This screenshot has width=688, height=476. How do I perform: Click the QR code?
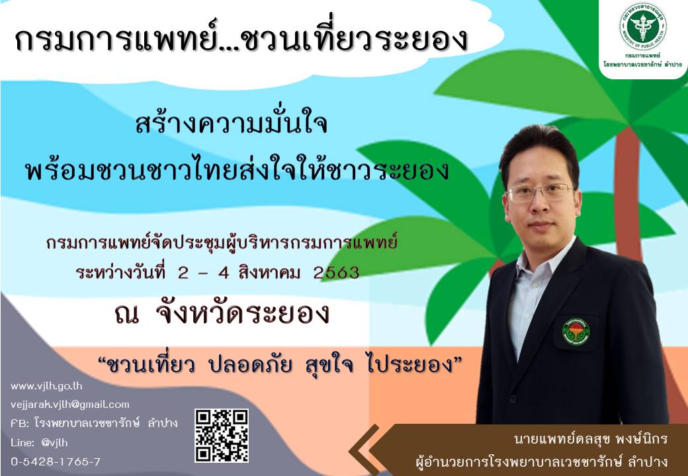tap(222, 436)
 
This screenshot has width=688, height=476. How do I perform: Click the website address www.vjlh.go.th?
tap(46, 386)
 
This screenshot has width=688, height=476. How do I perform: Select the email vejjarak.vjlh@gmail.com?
tap(69, 405)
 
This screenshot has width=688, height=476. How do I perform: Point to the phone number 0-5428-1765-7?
tap(56, 461)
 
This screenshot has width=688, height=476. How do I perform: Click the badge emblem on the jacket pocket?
tap(576, 331)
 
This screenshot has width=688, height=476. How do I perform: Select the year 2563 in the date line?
tap(336, 273)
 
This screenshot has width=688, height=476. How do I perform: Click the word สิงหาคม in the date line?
tap(270, 272)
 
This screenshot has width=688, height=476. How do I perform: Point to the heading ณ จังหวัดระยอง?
tap(222, 313)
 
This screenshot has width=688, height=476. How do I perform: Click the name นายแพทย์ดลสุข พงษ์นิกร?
tap(591, 439)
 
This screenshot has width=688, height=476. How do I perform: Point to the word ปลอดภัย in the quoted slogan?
tap(251, 364)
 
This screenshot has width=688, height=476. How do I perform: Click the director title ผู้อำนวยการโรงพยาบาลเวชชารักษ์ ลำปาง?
tap(542, 461)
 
